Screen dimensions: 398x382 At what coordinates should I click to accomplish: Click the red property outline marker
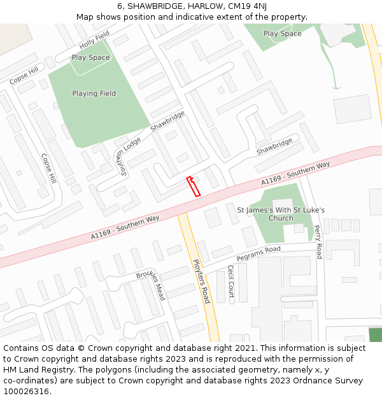[193, 186]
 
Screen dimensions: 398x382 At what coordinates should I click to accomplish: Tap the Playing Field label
[94, 94]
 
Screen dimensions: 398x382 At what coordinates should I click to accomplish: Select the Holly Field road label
[94, 39]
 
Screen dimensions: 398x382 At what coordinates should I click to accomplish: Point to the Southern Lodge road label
[127, 156]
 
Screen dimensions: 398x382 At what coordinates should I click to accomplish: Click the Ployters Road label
[201, 280]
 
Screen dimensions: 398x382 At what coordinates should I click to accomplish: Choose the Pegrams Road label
[258, 253]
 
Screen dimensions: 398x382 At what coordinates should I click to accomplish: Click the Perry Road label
[318, 241]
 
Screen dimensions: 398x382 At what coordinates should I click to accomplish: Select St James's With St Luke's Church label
[281, 214]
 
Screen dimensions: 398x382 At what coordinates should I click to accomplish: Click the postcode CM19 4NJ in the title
[245, 6]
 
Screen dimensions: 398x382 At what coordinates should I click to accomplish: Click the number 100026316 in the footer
[27, 391]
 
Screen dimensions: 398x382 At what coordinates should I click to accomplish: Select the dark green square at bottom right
[376, 335]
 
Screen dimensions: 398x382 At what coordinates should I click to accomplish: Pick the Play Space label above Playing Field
[90, 57]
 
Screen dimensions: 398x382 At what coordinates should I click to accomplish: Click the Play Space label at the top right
[282, 34]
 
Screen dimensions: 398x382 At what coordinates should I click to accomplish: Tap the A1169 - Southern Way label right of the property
[295, 174]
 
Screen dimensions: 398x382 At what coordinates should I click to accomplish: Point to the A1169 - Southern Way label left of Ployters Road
[125, 227]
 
